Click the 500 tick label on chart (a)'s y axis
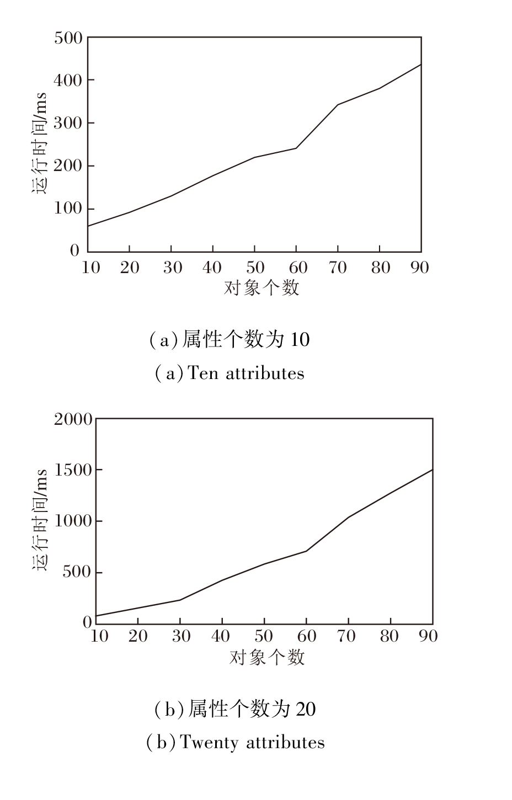point(68,38)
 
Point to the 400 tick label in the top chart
point(68,81)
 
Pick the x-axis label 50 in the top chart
point(254,268)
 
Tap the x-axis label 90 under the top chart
point(420,268)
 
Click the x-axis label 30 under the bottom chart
point(180,636)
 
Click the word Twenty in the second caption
point(207,742)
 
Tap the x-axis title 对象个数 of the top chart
point(261,287)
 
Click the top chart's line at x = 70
point(338,104)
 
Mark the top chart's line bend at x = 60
point(296,148)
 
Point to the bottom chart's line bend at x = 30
point(180,600)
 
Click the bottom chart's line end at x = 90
point(432,470)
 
